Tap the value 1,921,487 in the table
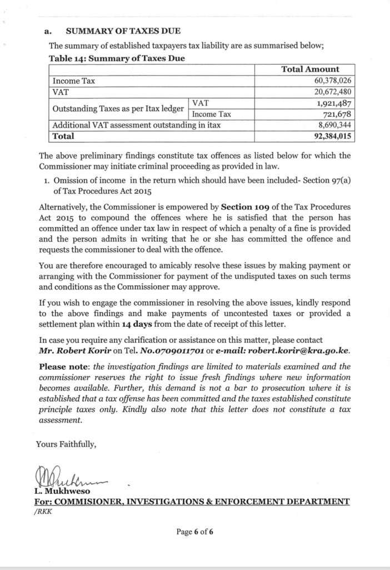tap(333, 104)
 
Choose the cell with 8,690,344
tap(333, 125)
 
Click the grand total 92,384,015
tap(331, 136)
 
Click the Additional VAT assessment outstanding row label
tap(136, 125)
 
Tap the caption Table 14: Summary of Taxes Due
tap(117, 57)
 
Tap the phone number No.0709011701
tap(170, 351)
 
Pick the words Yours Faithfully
tap(66, 444)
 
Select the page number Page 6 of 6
tap(195, 532)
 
